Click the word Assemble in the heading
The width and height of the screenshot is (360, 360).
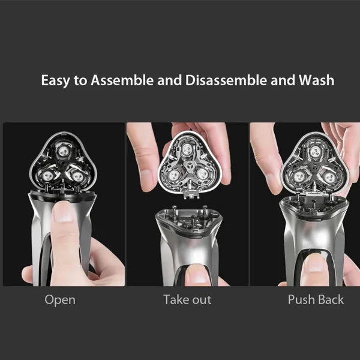(122, 80)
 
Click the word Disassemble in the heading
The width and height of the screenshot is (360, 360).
(226, 80)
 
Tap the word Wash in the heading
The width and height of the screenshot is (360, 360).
(316, 80)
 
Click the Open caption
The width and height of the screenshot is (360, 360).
(60, 300)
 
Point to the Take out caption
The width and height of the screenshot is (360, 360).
(187, 299)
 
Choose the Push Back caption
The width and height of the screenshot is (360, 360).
(316, 299)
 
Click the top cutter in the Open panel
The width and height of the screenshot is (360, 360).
(64, 151)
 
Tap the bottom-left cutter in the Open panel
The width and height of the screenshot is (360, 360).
(47, 176)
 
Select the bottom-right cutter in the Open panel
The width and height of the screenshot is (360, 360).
(77, 176)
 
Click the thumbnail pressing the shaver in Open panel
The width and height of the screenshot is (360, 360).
(64, 213)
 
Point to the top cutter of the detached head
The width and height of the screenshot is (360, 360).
(188, 150)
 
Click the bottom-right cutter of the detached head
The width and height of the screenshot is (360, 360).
(203, 175)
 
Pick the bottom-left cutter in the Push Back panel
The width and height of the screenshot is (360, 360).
(299, 177)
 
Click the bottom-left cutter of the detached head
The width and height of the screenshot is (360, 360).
(173, 176)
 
